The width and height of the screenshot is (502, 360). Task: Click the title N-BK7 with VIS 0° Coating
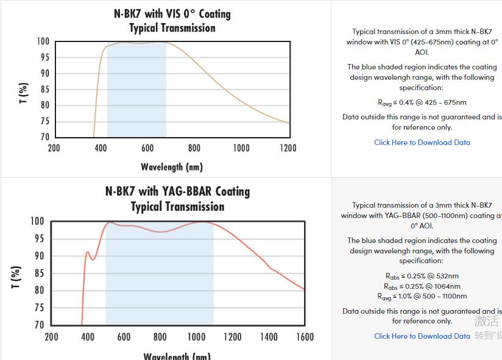[x=172, y=13]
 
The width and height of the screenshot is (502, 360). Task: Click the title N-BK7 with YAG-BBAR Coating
[x=177, y=191]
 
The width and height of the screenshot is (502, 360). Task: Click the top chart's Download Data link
[x=422, y=142]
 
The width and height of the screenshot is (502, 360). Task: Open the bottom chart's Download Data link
[x=422, y=336]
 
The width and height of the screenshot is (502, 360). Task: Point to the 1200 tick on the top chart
[x=288, y=148]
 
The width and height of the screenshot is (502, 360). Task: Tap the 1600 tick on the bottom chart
[x=305, y=337]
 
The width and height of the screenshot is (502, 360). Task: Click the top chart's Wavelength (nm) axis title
[x=172, y=167]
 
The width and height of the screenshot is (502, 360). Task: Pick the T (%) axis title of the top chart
[x=23, y=93]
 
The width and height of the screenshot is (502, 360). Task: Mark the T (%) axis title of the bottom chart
[x=16, y=277]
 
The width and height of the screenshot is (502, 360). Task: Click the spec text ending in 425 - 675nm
[x=422, y=102]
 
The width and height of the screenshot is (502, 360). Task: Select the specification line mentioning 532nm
[x=422, y=276]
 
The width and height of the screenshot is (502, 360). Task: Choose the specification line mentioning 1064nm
[x=422, y=286]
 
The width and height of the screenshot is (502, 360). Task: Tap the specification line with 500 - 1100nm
[x=422, y=296]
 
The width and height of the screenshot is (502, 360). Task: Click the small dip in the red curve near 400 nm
[x=93, y=259]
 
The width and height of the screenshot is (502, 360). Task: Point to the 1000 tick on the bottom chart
[x=196, y=337]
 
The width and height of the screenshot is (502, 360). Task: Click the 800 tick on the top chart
[x=194, y=148]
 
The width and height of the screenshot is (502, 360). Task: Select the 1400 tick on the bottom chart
[x=268, y=337]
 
